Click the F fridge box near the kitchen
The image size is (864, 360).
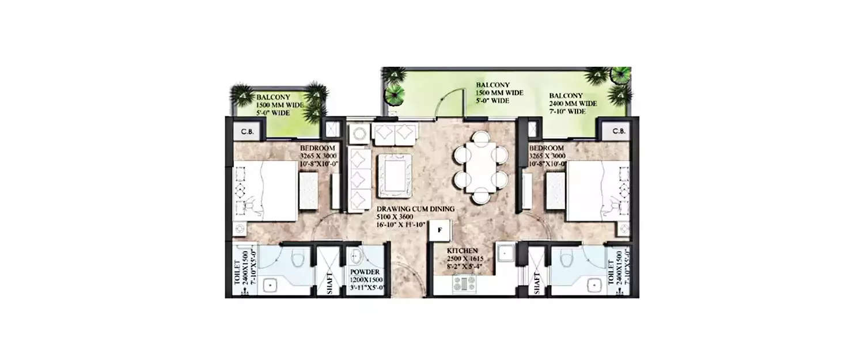[x=439, y=230]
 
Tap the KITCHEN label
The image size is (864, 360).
[x=463, y=251]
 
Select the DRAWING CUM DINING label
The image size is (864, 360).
[x=415, y=209]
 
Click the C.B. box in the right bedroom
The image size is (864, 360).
[x=619, y=131]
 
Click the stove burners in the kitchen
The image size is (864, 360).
[x=463, y=283]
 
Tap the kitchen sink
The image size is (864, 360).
[x=506, y=253]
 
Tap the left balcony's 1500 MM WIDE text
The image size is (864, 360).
[x=279, y=105]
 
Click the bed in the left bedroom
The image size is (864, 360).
[x=267, y=191]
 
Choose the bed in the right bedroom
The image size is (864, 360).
[x=596, y=191]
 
